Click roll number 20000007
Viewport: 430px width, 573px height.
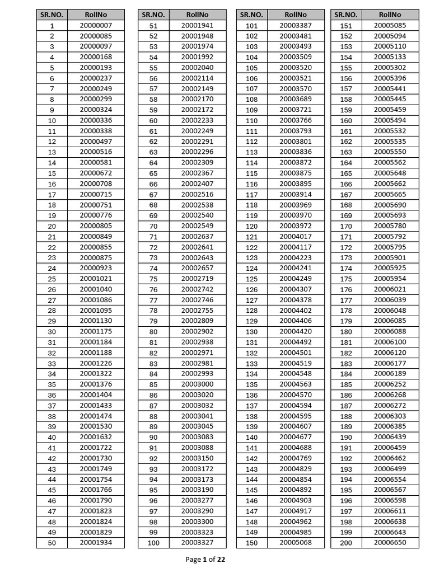click(96, 26)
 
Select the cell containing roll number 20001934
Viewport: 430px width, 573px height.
click(96, 543)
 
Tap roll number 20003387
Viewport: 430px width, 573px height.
click(296, 26)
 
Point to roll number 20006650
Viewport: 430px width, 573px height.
click(390, 543)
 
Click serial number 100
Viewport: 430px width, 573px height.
click(153, 543)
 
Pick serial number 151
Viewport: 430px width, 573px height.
click(346, 26)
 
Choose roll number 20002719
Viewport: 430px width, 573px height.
click(198, 279)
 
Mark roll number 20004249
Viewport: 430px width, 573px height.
click(296, 279)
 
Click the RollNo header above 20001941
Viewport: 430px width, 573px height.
click(198, 15)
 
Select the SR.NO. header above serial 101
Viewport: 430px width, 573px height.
click(252, 15)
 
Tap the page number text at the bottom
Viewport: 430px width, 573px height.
click(205, 559)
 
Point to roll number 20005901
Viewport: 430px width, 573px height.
click(390, 258)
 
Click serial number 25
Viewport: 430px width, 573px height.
click(52, 279)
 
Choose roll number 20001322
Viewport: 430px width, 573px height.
click(96, 374)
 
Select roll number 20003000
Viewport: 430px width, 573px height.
click(198, 384)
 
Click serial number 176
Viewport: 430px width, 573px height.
click(346, 290)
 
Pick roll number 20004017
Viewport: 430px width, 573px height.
click(296, 237)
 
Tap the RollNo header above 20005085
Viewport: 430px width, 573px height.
click(390, 15)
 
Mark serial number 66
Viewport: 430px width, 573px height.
click(153, 184)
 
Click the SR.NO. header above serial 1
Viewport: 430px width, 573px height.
click(52, 15)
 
